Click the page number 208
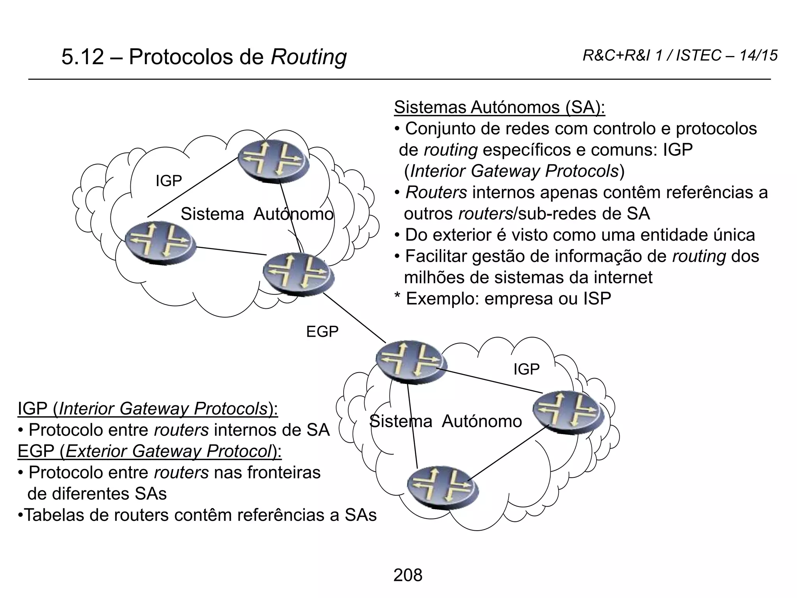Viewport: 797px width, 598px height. pyautogui.click(x=407, y=575)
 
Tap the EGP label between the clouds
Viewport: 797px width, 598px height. pyautogui.click(x=322, y=332)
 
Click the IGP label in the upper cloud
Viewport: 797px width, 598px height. pyautogui.click(x=169, y=181)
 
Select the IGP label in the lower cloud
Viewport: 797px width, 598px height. pyautogui.click(x=526, y=369)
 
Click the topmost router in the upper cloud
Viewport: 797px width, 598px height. pyautogui.click(x=274, y=160)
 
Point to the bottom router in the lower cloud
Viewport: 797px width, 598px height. pyautogui.click(x=442, y=487)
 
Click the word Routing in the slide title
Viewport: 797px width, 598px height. pyautogui.click(x=308, y=57)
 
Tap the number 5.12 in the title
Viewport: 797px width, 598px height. pyautogui.click(x=83, y=57)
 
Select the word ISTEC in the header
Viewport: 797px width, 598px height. pyautogui.click(x=699, y=56)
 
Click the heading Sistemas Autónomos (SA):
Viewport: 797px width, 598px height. pyautogui.click(x=499, y=107)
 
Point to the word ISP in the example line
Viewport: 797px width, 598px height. pyautogui.click(x=597, y=299)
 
